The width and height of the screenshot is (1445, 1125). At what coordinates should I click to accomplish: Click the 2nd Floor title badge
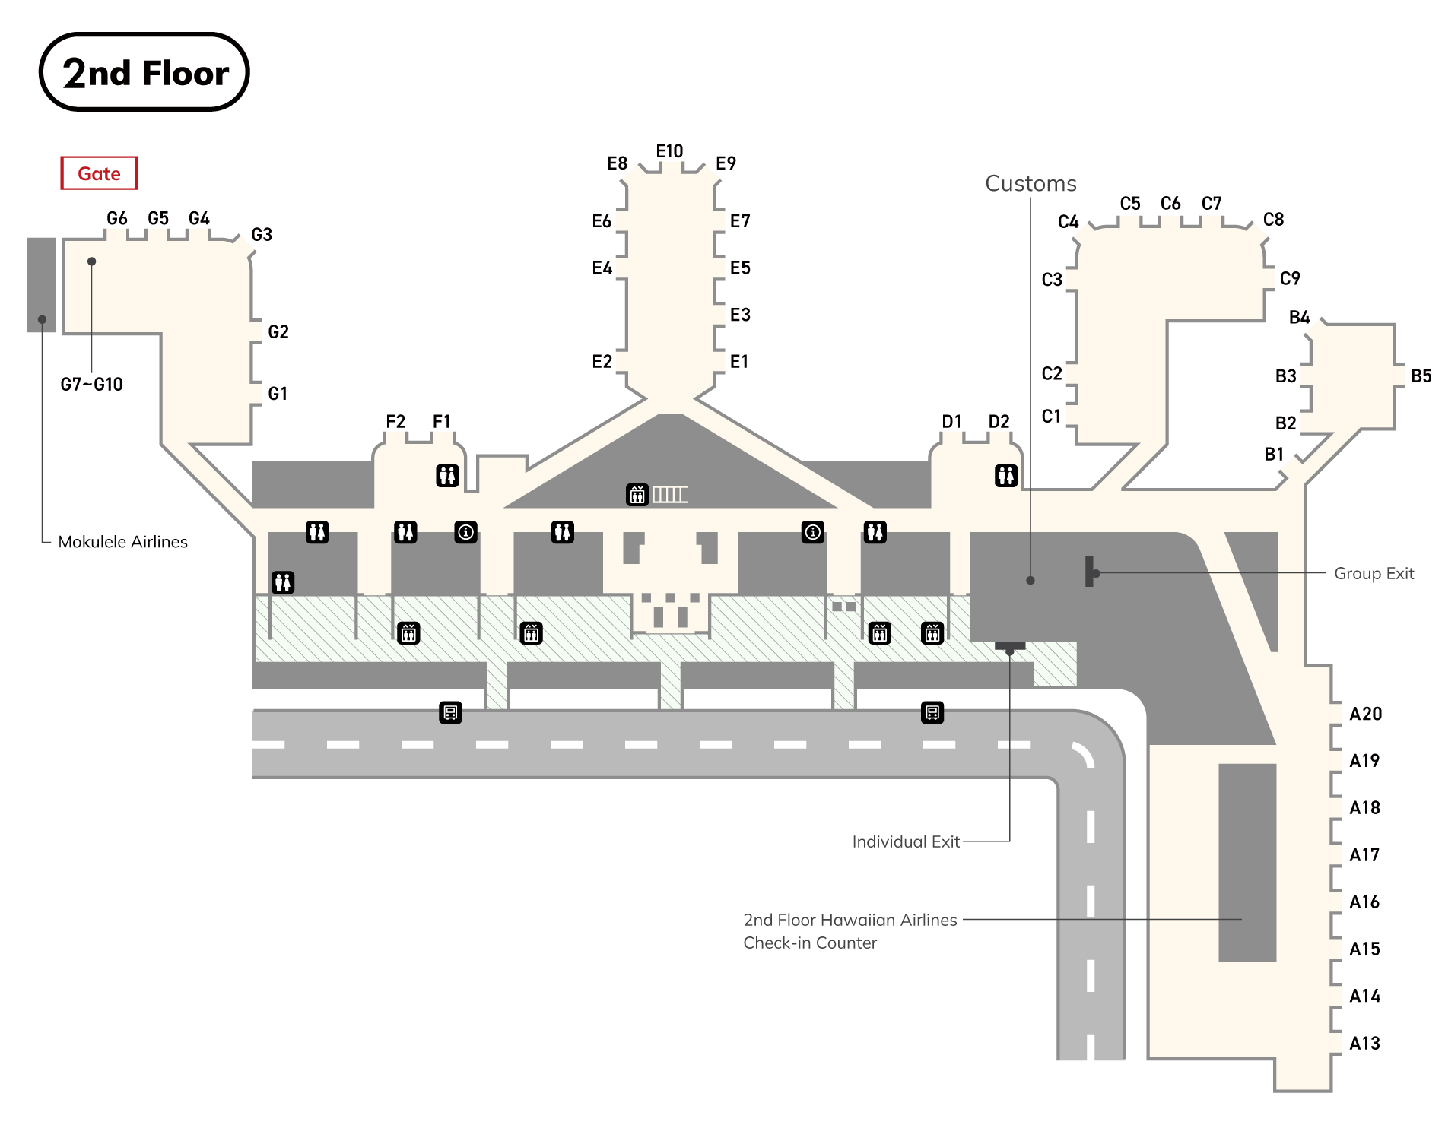(144, 72)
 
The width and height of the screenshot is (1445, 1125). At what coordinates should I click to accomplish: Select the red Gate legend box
(99, 173)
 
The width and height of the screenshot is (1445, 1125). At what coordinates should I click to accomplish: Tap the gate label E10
(669, 151)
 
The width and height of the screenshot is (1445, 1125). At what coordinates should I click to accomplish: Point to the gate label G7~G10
(91, 385)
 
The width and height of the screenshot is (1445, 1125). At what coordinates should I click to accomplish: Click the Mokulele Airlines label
(122, 542)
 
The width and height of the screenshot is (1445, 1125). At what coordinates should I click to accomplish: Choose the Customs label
(1031, 184)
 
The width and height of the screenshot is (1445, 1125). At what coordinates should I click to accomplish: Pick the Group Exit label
(1374, 574)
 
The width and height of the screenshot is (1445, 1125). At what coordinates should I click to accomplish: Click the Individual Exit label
(905, 842)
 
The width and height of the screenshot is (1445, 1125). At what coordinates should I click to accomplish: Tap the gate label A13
(1364, 1044)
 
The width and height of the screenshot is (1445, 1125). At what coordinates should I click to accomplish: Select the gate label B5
(1421, 376)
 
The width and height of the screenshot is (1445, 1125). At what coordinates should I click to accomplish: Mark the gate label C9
(1290, 279)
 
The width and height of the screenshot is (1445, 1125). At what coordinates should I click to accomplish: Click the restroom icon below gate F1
(447, 476)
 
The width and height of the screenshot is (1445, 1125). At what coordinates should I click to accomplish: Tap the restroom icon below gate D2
(1006, 476)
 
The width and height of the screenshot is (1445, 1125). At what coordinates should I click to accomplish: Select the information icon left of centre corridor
(465, 532)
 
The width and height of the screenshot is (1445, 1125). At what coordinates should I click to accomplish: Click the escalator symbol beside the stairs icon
(637, 495)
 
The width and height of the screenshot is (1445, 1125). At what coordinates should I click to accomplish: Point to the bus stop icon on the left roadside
(450, 713)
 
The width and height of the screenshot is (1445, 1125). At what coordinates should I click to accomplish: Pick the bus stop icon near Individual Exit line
(932, 713)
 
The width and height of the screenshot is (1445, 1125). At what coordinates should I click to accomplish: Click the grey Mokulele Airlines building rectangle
(42, 285)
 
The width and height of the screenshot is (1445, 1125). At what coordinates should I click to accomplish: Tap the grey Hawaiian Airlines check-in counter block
(1247, 863)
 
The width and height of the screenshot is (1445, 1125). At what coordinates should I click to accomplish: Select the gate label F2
(395, 422)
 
